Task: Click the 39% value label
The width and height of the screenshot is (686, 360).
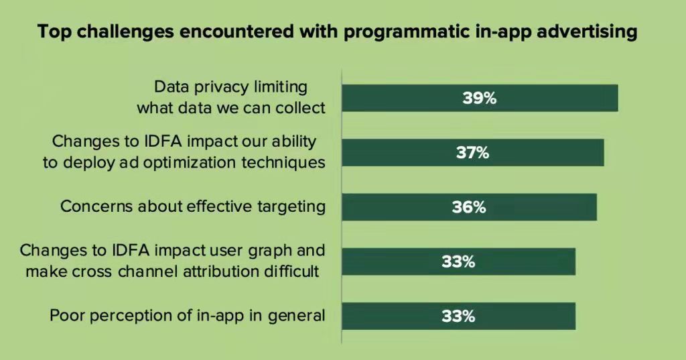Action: point(479,98)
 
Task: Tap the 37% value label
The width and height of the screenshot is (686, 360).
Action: point(472,153)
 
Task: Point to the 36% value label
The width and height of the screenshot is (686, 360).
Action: point(468,207)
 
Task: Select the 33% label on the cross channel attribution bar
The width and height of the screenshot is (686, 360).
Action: point(458,261)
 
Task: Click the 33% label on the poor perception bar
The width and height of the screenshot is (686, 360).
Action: point(458,316)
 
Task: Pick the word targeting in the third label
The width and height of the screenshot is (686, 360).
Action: point(293,206)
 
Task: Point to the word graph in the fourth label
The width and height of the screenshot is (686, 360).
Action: point(271,251)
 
